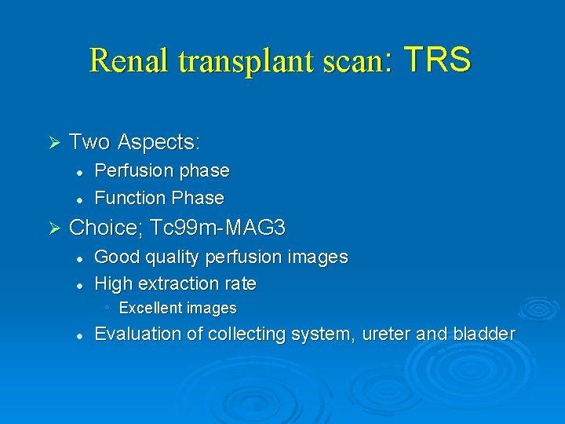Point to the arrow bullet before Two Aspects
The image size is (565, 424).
[54, 142]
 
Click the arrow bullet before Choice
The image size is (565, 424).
[54, 228]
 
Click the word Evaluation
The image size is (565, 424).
[137, 334]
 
